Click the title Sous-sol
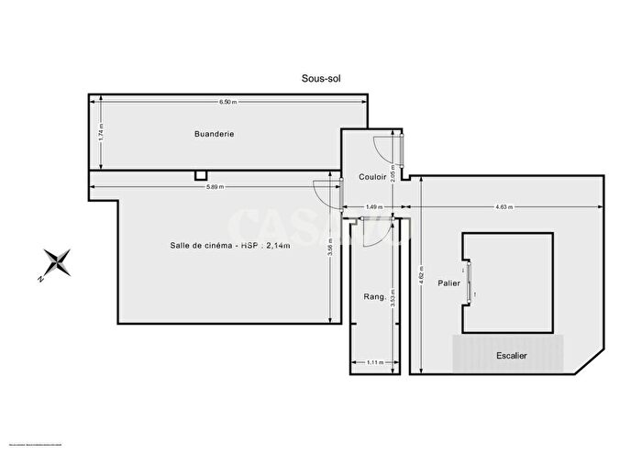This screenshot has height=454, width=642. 320,79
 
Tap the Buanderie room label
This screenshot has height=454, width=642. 215,134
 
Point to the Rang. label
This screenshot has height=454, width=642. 374,295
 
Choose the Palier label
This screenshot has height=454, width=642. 448,283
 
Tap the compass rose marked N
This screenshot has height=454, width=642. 57,262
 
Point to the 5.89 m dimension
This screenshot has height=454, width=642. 215,187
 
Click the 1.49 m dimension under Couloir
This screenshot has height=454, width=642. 373,207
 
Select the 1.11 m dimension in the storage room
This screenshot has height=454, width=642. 373,362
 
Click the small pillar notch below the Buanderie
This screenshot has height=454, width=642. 201,175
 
